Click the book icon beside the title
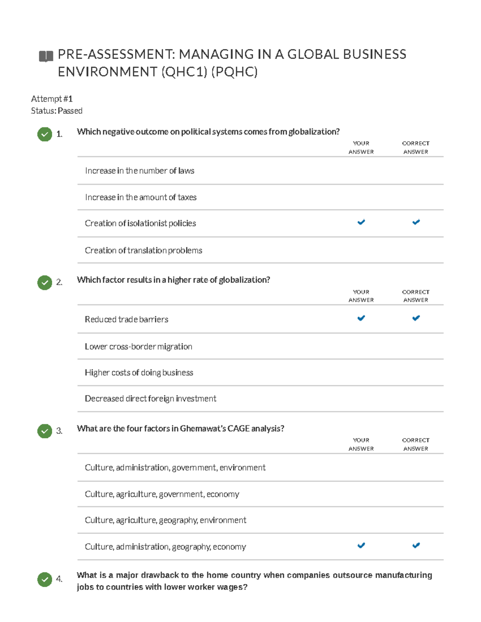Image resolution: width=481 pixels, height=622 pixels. pos(46,56)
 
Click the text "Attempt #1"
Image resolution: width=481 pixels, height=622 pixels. pos(52,99)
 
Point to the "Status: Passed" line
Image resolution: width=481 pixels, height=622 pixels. pos(57,111)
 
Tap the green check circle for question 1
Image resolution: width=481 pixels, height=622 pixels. pos(44,134)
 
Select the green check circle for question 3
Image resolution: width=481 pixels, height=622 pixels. pos(44,431)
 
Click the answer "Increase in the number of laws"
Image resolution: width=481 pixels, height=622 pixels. pos(139,171)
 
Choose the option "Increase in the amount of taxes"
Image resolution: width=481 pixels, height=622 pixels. pos(141,197)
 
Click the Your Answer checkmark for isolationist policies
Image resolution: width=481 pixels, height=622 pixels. pos(361,222)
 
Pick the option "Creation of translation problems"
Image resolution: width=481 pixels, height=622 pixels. pos(143,251)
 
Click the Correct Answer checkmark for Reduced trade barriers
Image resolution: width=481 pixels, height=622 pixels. pos(416,318)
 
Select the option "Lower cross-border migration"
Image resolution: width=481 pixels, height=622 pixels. pos(138,347)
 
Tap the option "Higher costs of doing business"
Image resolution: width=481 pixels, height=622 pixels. pos(139,373)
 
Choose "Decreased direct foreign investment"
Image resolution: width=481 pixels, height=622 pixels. pos(150,399)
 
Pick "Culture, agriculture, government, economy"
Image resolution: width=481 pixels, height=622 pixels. pos(162,494)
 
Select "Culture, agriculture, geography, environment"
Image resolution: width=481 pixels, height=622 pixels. pos(166,520)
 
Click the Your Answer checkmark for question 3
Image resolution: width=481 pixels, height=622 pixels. pos(361,546)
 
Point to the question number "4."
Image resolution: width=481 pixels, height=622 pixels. pos(59,579)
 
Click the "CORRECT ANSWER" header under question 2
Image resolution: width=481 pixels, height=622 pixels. pos(416,296)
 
